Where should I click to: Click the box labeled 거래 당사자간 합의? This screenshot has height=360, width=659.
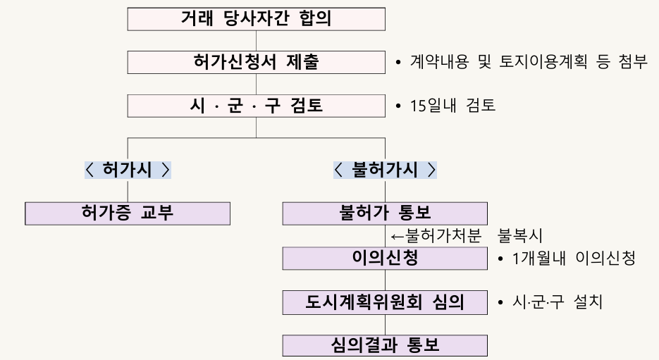(256, 19)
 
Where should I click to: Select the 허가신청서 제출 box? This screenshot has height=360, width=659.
(256, 62)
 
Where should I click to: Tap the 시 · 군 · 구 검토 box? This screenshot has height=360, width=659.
(256, 106)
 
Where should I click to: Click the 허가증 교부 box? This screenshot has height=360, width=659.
(128, 213)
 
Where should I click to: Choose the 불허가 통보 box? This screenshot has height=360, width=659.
(385, 213)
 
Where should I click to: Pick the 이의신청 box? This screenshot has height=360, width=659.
(385, 259)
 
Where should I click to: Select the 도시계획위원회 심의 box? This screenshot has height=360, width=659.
(385, 303)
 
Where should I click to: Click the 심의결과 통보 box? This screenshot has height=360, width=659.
(385, 346)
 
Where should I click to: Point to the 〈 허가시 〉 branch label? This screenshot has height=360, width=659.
(128, 170)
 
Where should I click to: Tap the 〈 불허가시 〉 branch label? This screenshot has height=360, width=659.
(385, 170)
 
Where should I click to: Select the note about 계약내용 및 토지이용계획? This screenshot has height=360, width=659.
(522, 63)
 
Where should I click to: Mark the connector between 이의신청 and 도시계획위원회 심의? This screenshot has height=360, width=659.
(385, 280)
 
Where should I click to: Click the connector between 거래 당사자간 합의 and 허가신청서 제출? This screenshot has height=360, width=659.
(256, 41)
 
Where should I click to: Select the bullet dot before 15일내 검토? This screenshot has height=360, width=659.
(398, 107)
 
